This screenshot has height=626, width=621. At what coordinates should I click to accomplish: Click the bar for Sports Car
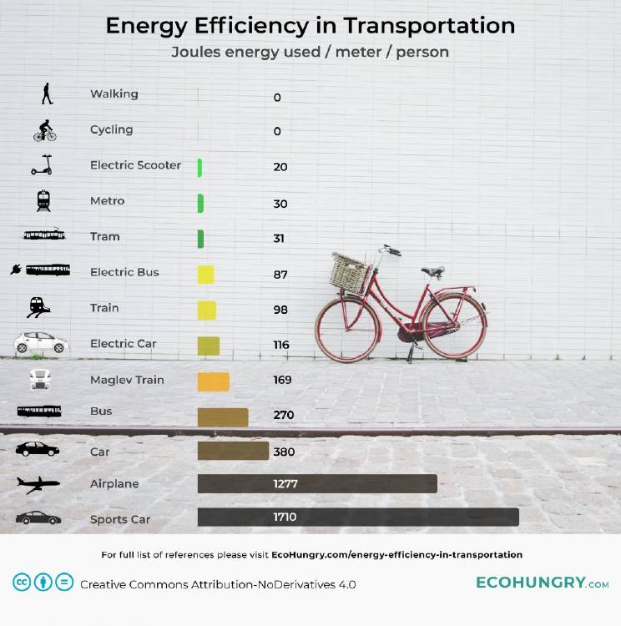click(358, 517)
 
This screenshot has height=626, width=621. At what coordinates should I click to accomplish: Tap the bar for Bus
click(223, 416)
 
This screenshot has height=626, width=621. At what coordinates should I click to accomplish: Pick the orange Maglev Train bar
click(213, 381)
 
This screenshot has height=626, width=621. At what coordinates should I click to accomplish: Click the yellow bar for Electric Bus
click(205, 275)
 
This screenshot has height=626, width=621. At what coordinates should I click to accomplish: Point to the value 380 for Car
click(285, 452)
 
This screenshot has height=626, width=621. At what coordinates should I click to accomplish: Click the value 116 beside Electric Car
click(281, 345)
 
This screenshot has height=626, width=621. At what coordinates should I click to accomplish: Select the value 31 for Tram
click(279, 238)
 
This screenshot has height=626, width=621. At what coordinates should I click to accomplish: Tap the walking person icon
click(47, 94)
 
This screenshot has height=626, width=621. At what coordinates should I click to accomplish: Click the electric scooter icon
click(42, 165)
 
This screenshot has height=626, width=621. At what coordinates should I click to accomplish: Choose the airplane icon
click(38, 484)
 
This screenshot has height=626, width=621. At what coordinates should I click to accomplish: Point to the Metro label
click(107, 201)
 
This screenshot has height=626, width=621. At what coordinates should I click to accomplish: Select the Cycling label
click(111, 129)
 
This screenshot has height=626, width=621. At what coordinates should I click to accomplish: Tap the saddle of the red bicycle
click(432, 270)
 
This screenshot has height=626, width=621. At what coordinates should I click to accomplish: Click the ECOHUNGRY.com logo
click(542, 583)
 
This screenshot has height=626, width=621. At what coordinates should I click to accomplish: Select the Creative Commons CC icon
click(21, 583)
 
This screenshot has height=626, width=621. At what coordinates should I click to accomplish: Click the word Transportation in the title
click(432, 26)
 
